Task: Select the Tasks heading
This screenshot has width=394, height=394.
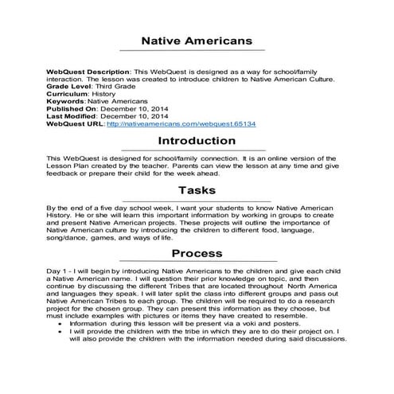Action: (x=197, y=190)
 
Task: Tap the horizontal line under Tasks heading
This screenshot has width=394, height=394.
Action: (x=197, y=201)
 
